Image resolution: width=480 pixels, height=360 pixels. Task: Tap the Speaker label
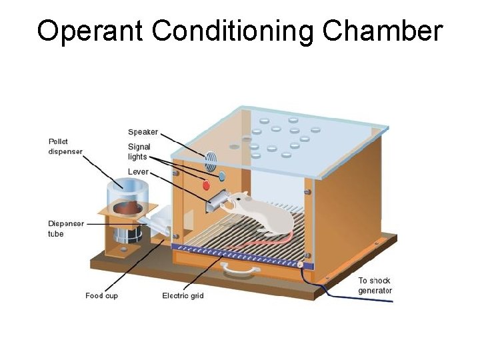(x=143, y=131)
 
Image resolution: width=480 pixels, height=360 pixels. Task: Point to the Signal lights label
(x=139, y=151)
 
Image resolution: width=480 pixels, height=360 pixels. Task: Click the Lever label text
(x=139, y=171)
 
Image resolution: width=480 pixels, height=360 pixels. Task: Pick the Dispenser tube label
(x=66, y=229)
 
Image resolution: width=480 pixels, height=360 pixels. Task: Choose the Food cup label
(x=103, y=295)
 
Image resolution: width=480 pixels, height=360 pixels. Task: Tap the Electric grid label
(x=183, y=295)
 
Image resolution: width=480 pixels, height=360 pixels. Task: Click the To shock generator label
(x=375, y=285)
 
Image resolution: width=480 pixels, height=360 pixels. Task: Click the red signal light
(x=206, y=185)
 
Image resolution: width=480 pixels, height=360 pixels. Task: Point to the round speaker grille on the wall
(x=211, y=159)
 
